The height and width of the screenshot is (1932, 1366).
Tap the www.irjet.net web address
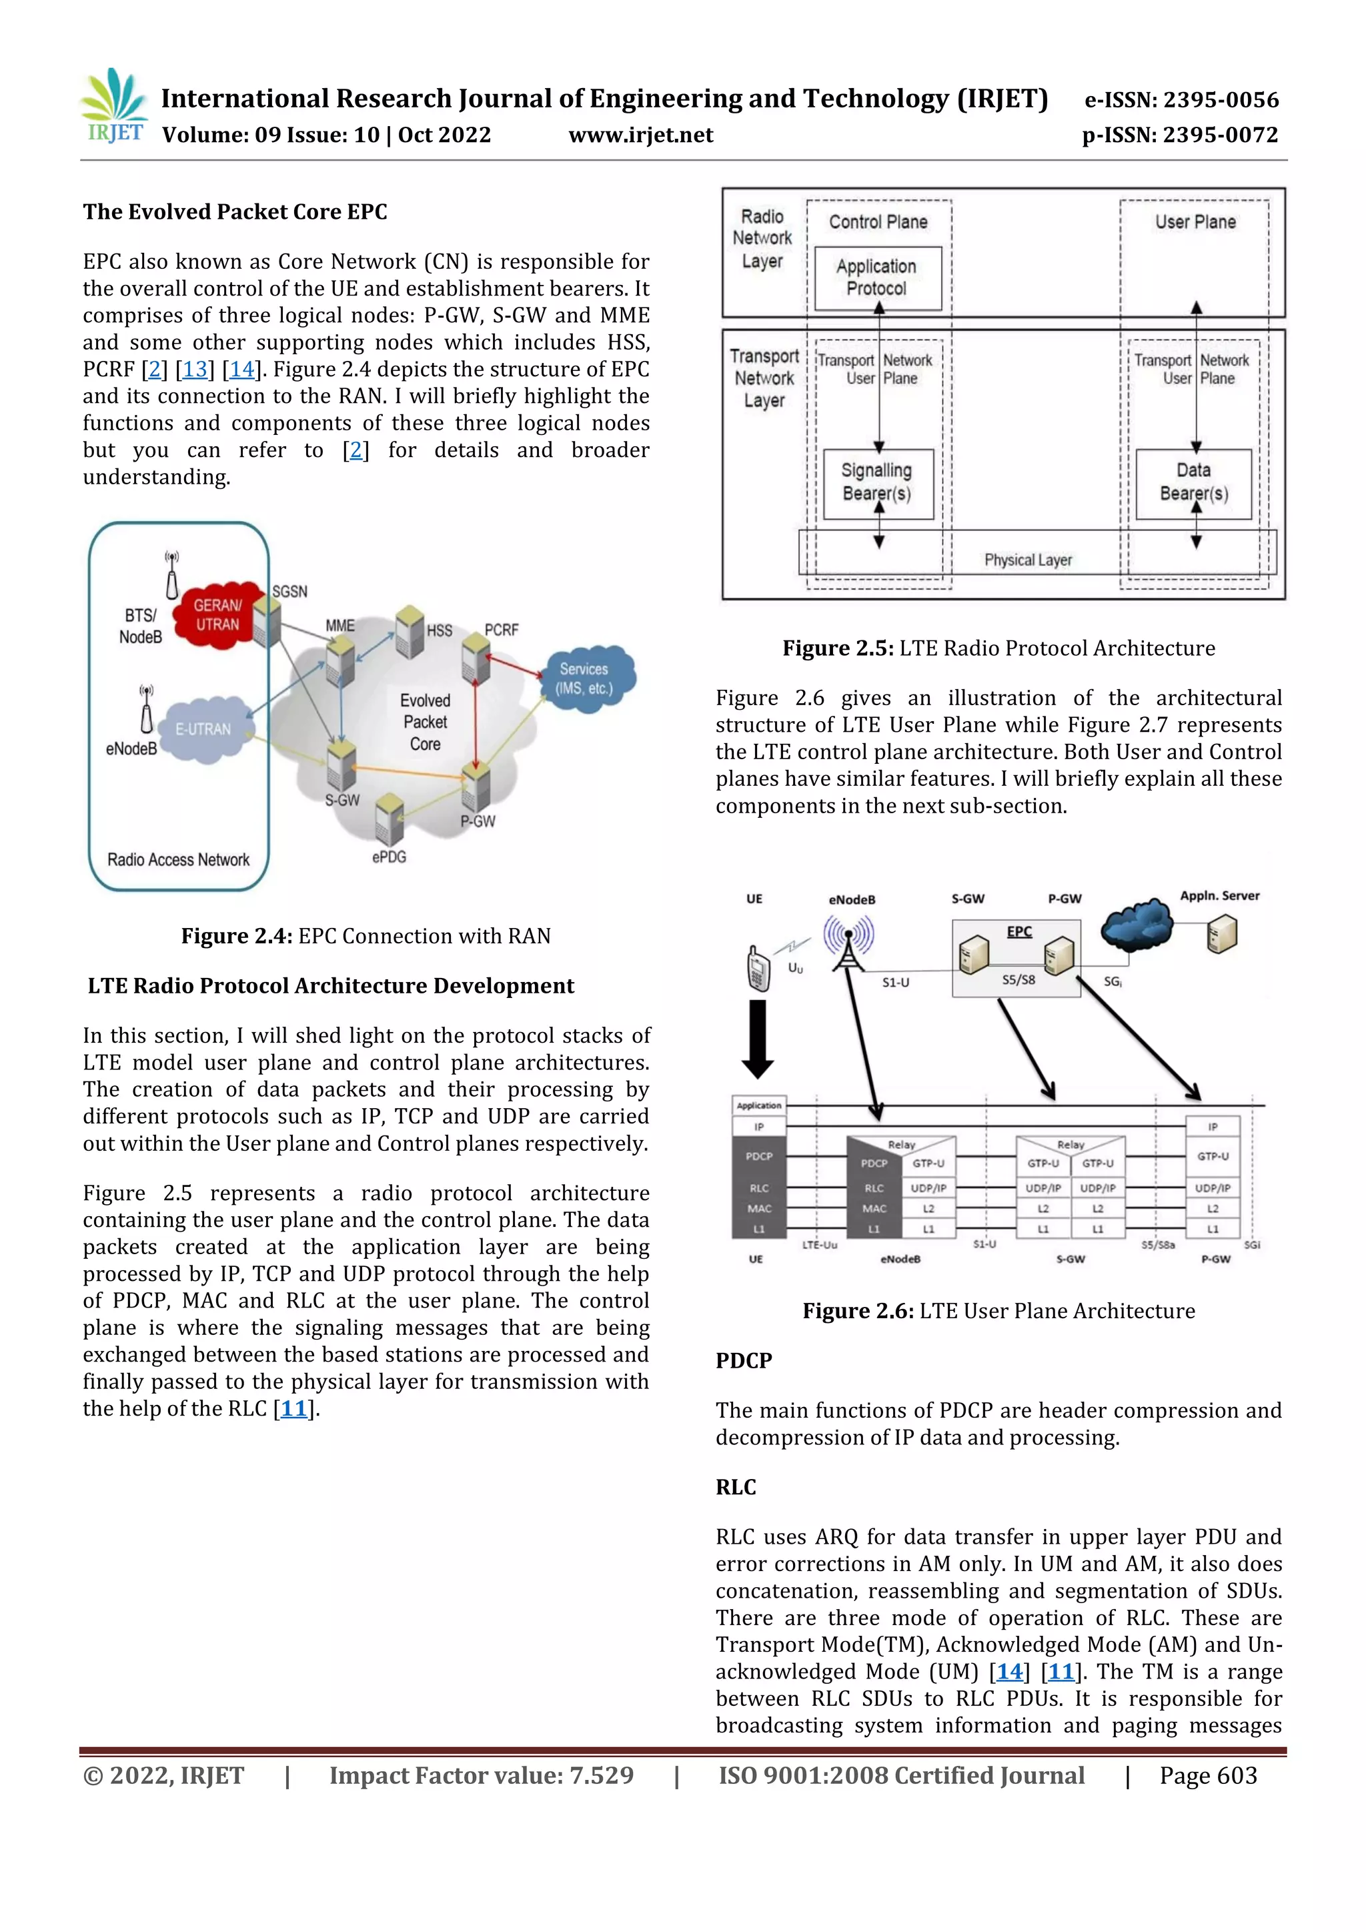coord(640,135)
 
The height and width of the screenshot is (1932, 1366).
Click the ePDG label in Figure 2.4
coord(389,857)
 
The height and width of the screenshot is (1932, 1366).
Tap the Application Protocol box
coord(877,278)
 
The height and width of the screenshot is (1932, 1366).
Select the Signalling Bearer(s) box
coord(877,483)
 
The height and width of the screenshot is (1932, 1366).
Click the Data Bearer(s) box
coord(1193,483)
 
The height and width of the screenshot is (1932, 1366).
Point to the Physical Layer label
coord(1028,560)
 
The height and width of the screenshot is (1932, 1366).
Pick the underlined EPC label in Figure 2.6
coord(1018,931)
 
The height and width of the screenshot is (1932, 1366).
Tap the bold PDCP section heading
coord(744,1361)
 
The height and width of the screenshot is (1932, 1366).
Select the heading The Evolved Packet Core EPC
coord(235,212)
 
